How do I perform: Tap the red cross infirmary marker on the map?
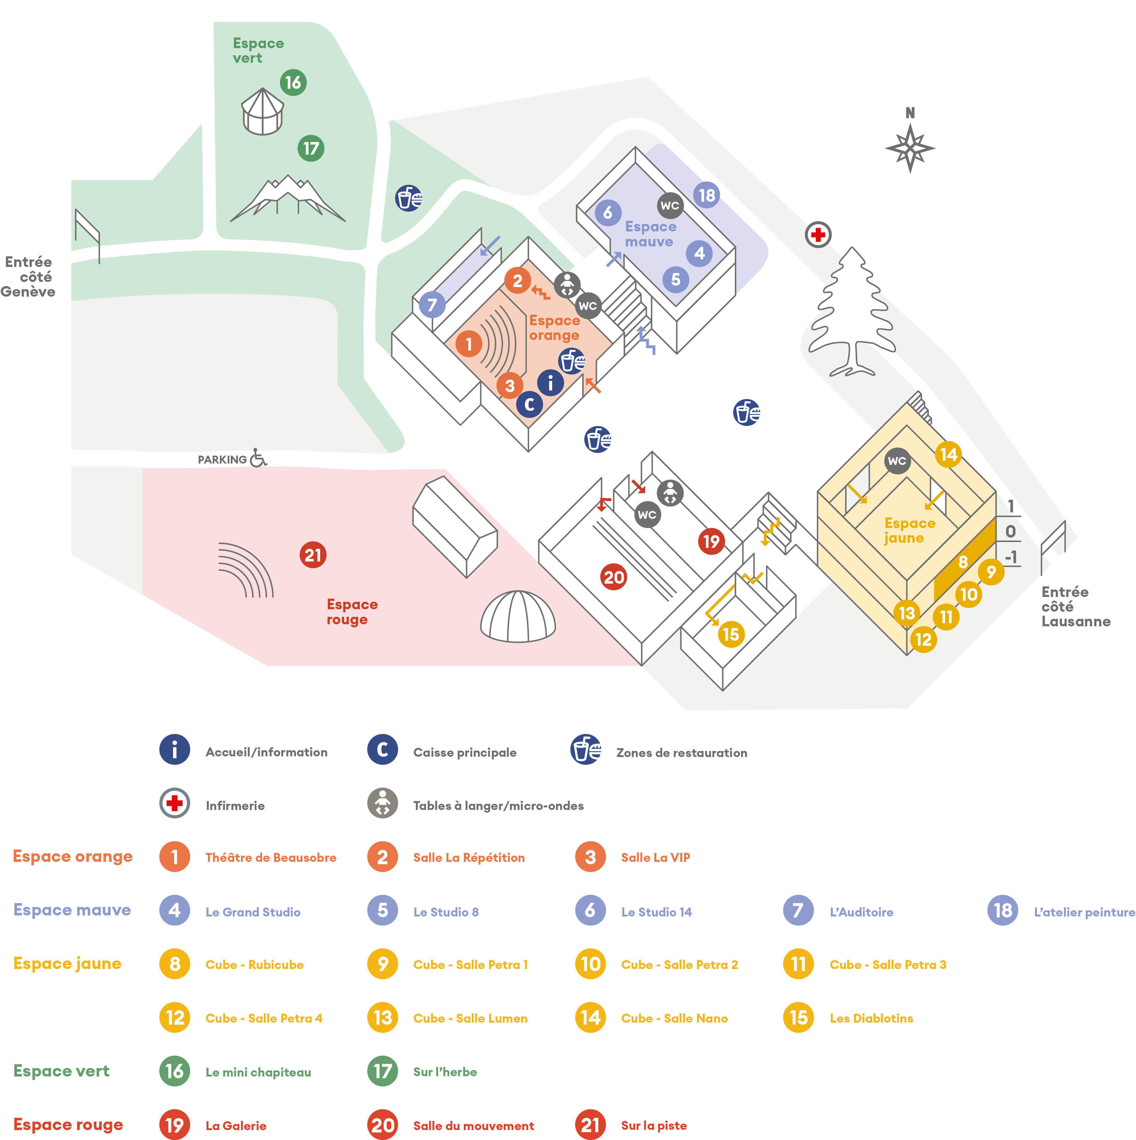coord(818,235)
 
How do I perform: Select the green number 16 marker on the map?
coord(293,83)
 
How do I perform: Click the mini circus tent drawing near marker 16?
coord(262,112)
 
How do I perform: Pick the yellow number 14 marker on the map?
coord(948,454)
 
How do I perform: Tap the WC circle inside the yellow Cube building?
coord(897,461)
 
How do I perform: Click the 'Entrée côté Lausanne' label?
coord(1075,607)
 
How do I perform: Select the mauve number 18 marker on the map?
coord(707,195)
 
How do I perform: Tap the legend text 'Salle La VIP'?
coord(656,857)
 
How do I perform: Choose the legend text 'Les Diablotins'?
coord(871,1018)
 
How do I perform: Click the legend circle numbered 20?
coord(382,1125)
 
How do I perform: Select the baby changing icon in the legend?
coord(382,803)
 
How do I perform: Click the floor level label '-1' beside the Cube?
coord(1011,557)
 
